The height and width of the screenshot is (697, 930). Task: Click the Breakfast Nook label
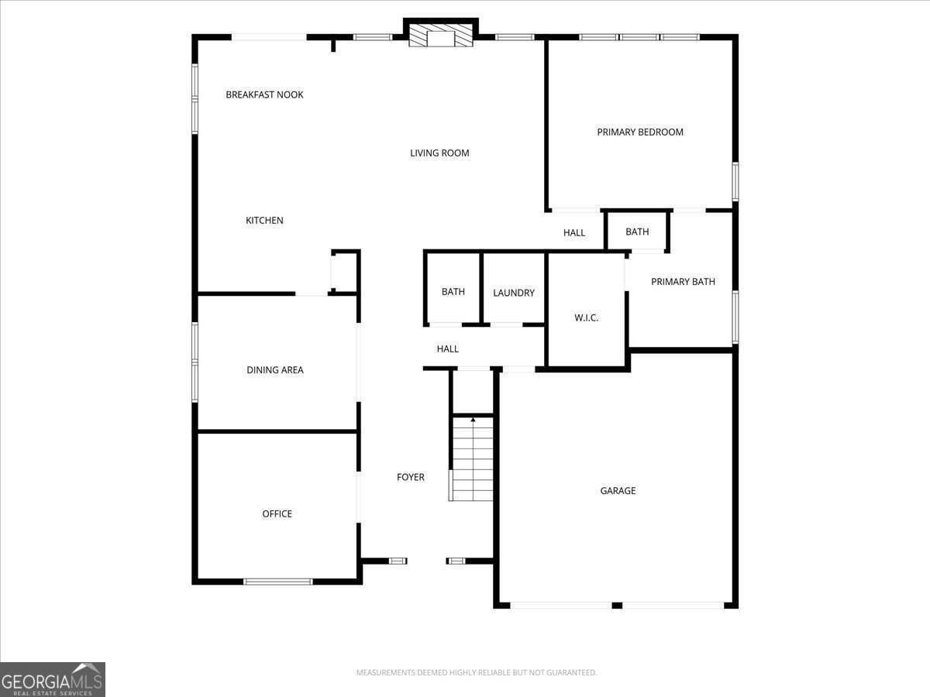point(264,94)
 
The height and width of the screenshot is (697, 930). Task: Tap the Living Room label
point(439,153)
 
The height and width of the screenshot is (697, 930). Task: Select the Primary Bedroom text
point(640,132)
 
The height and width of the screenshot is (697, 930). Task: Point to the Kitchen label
point(264,221)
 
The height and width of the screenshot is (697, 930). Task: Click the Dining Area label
point(275,370)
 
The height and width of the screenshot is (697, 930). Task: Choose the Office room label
point(277,513)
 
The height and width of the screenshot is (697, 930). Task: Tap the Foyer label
point(411,477)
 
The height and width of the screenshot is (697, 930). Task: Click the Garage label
point(618,490)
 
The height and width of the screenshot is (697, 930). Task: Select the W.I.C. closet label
point(586,318)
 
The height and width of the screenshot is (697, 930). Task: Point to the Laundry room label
point(514,293)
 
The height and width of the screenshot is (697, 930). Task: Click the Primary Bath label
point(683,282)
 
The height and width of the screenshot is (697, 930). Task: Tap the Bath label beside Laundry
point(453,292)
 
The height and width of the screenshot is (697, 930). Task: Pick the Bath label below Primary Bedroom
point(637,232)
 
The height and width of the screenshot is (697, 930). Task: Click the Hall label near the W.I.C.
point(574,232)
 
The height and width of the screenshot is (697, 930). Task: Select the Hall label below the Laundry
point(447,349)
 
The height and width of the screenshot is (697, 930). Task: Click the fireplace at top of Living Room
point(440,36)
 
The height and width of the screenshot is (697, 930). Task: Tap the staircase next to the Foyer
point(473,458)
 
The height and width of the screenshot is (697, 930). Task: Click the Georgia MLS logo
point(53,679)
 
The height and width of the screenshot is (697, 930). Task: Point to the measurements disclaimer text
point(476,672)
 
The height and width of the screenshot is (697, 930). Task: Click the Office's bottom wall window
point(278,581)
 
